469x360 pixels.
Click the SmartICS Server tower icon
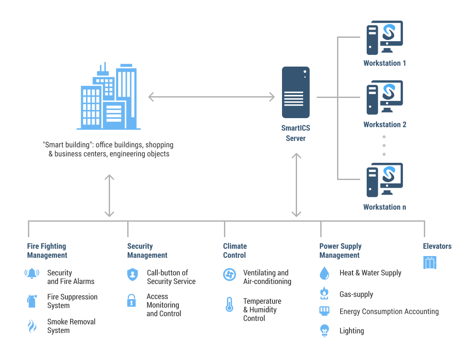click(x=296, y=92)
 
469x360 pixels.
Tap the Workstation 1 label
click(x=384, y=63)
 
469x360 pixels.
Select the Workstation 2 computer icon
click(x=384, y=98)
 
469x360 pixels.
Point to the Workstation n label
click(x=384, y=207)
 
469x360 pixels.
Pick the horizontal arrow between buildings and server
click(x=212, y=97)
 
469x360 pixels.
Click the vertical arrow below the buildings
click(x=110, y=195)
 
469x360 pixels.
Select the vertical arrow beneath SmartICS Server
click(x=296, y=185)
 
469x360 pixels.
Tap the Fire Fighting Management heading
click(x=47, y=250)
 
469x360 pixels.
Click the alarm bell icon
click(x=32, y=273)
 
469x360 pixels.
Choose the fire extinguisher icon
click(x=31, y=301)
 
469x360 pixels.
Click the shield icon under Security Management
click(x=132, y=275)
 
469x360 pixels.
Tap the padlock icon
click(x=132, y=300)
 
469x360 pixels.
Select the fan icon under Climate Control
click(x=230, y=274)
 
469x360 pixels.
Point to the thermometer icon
click(x=229, y=305)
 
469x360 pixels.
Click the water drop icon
click(x=324, y=273)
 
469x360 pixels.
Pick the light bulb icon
click(x=325, y=330)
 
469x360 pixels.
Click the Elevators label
click(x=437, y=246)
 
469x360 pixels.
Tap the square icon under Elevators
click(x=430, y=262)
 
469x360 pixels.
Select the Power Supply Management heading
click(x=340, y=250)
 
